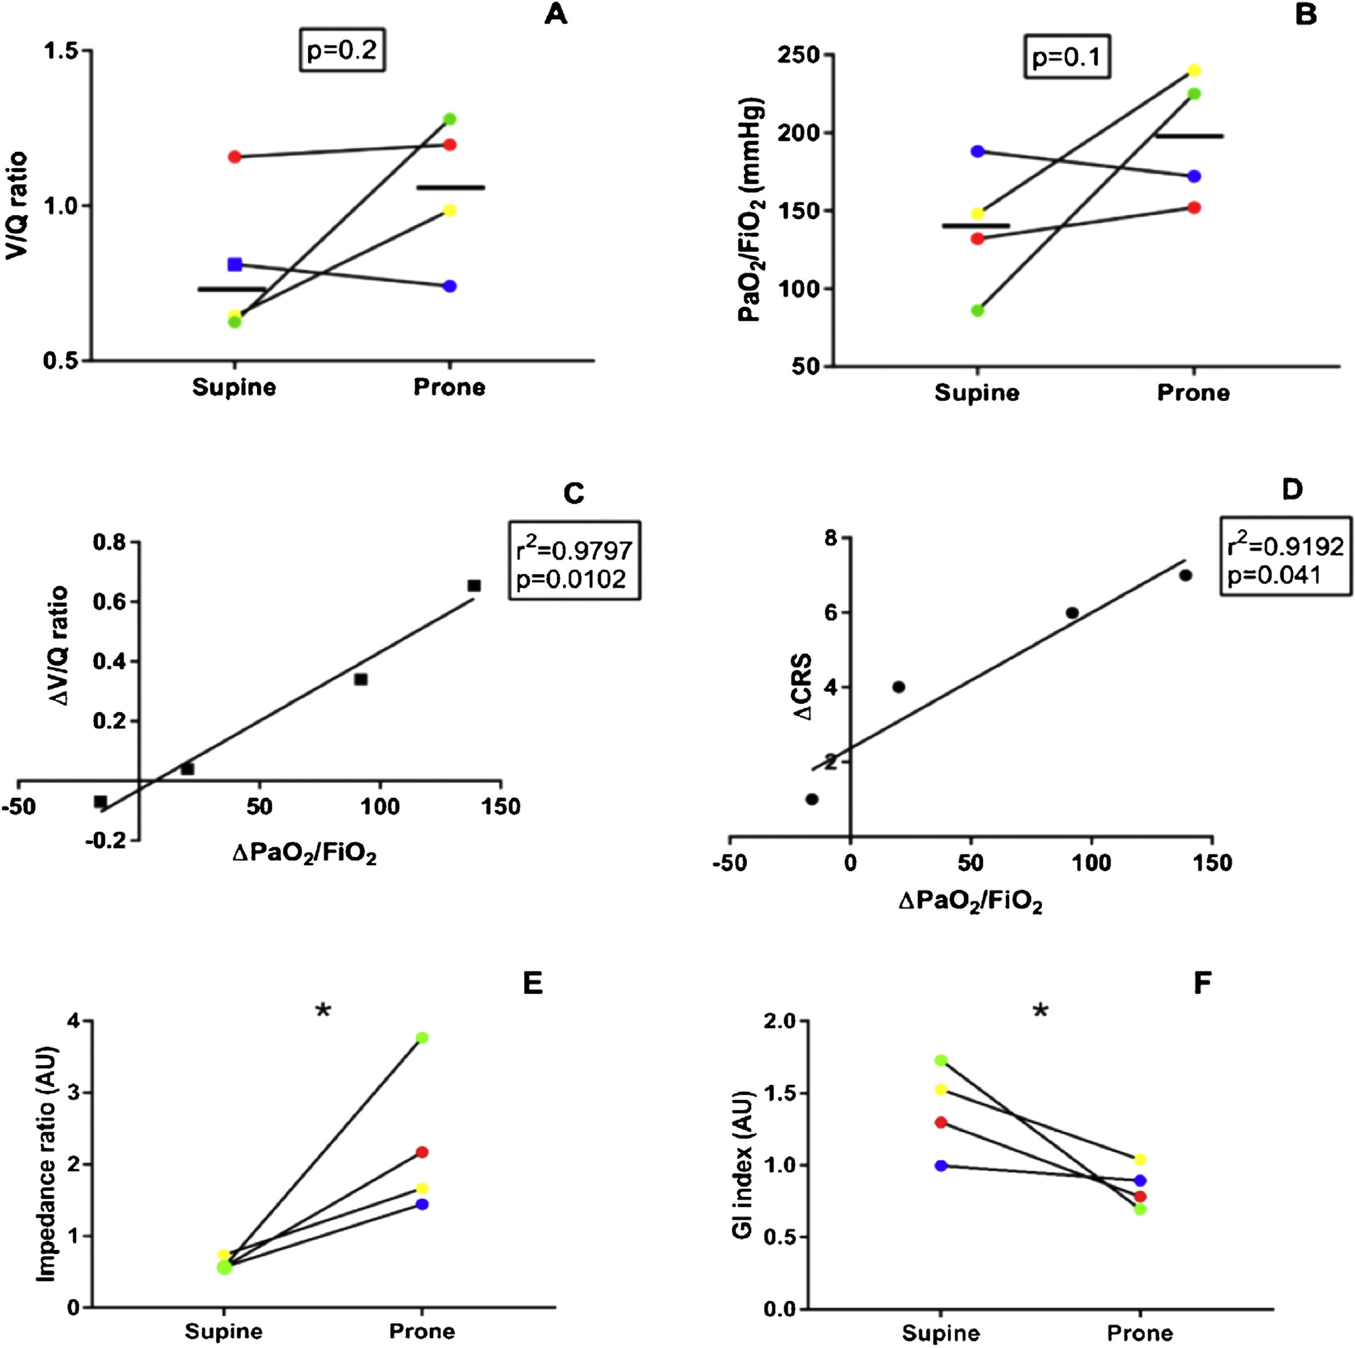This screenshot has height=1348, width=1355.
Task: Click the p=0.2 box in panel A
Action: click(x=342, y=51)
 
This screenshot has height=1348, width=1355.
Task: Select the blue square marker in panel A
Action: click(x=235, y=264)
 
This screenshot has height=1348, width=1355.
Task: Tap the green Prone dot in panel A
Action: click(x=450, y=119)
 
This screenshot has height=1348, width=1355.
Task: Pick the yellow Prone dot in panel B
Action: click(x=1194, y=71)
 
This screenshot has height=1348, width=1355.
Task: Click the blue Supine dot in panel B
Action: click(x=977, y=151)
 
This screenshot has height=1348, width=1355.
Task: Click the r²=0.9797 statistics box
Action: click(x=574, y=560)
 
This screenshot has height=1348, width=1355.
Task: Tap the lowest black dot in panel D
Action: click(x=812, y=799)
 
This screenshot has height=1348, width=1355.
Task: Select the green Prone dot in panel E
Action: click(x=422, y=1038)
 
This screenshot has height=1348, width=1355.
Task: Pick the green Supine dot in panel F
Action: click(x=941, y=1060)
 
